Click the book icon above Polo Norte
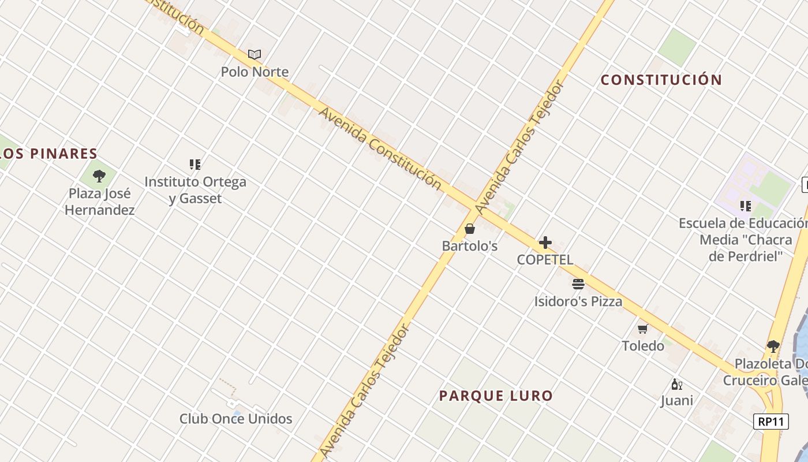pos(255,54)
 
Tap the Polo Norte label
pos(255,72)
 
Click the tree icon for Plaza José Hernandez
pos(99,176)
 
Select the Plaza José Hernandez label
pos(100,202)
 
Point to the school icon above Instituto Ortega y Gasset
pos(195,165)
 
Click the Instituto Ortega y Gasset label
pos(195,190)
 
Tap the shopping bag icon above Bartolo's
pos(470,229)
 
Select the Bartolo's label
pos(470,246)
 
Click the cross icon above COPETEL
pos(545,243)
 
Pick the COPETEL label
pos(545,260)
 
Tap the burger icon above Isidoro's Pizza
pos(578,284)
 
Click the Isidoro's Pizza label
pos(578,301)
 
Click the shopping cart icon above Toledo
pos(642,329)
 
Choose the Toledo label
pos(642,346)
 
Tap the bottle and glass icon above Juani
pos(676,384)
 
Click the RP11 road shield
pos(771,422)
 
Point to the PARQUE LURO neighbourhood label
pos(496,396)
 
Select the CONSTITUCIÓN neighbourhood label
pos(661,80)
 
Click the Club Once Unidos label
pos(235,419)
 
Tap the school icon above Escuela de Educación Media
pos(745,206)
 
